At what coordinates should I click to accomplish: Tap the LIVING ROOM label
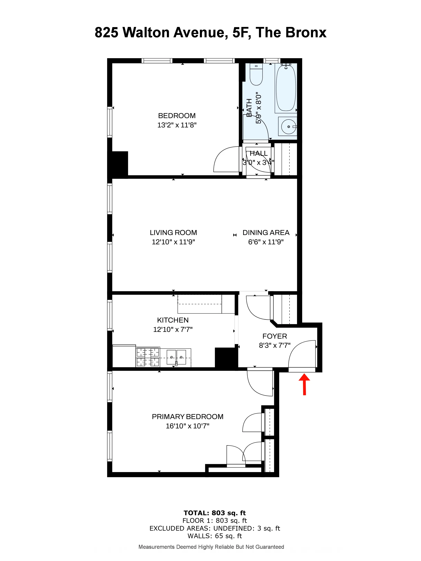pyautogui.click(x=173, y=233)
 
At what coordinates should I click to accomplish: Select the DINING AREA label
pyautogui.click(x=266, y=233)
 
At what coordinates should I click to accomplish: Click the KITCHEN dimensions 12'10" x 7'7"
pyautogui.click(x=173, y=329)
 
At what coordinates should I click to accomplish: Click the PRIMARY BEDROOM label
pyautogui.click(x=188, y=416)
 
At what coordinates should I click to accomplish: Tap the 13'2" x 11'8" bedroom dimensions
pyautogui.click(x=177, y=125)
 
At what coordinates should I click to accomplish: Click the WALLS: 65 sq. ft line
pyautogui.click(x=215, y=536)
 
